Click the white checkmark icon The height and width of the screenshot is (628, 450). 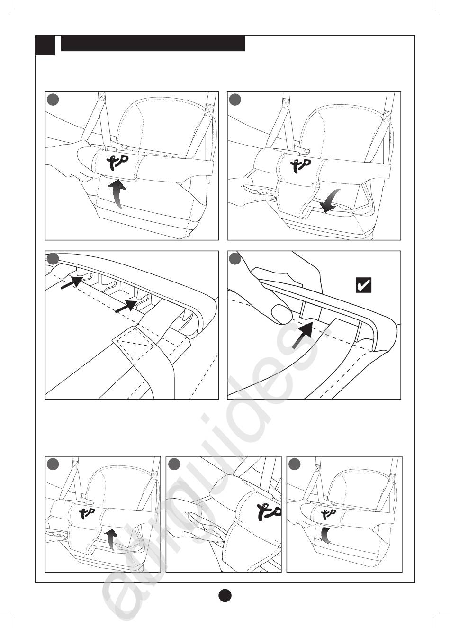[x=363, y=285]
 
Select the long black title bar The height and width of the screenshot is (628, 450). [x=153, y=43]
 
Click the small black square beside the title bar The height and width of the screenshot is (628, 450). [x=45, y=45]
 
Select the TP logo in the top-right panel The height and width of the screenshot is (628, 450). [x=300, y=164]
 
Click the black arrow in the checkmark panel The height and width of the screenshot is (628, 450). [x=302, y=335]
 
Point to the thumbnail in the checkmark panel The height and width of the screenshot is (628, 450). [x=280, y=313]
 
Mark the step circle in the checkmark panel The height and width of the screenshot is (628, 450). [x=235, y=259]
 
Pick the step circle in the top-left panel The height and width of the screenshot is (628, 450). [x=53, y=100]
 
